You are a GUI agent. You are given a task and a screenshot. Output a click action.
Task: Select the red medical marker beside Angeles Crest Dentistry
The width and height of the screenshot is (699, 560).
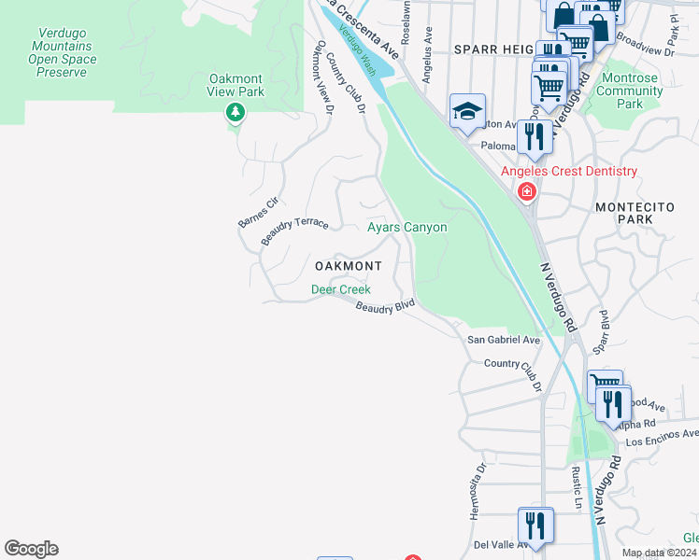[527, 191]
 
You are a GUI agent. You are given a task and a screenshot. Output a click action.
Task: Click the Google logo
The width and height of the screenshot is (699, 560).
[31, 549]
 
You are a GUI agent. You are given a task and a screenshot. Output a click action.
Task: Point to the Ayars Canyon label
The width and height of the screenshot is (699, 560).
[407, 227]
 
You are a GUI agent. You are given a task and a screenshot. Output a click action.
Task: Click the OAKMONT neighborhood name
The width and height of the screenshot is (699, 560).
[348, 266]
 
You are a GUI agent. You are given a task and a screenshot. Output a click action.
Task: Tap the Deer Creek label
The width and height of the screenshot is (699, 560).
[340, 289]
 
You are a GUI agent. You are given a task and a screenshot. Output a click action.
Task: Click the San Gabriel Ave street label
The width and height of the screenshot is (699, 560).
[504, 341]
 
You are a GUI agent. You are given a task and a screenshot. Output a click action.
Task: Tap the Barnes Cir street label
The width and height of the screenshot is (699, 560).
[258, 212]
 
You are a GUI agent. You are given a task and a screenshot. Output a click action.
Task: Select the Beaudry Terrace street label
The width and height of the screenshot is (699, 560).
[294, 230]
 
